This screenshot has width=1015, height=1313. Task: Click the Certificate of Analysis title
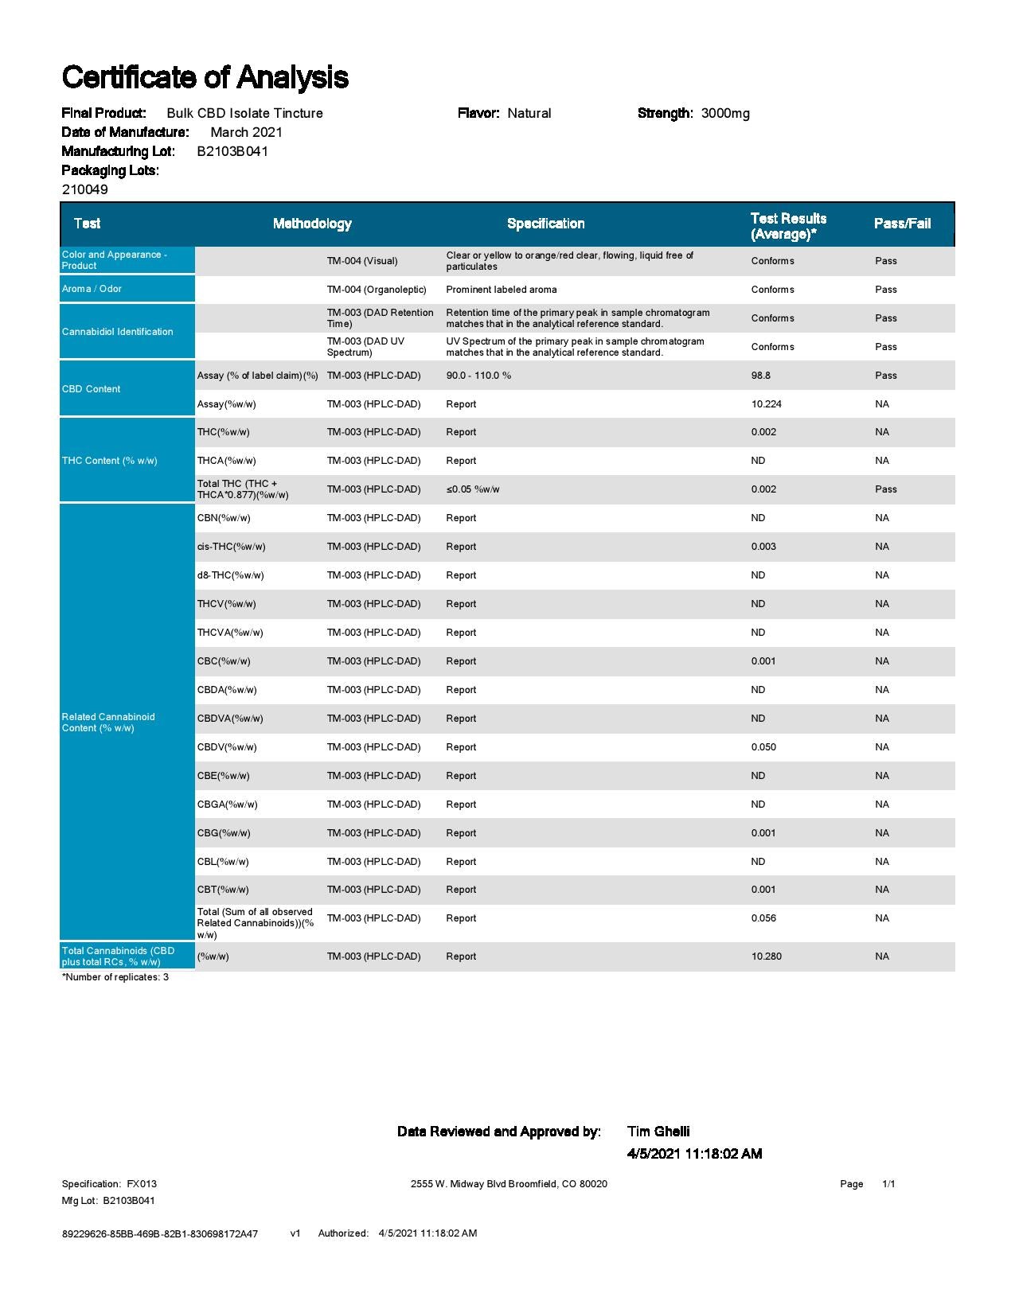205,77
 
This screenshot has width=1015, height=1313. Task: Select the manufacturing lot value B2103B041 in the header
232,151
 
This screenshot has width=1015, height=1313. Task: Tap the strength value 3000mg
725,113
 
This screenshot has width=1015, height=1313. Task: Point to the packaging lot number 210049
85,189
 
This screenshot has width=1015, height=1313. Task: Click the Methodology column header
312,224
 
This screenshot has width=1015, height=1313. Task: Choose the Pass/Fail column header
902,224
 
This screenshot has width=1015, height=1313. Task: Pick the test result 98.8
761,376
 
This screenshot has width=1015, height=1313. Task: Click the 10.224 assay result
766,404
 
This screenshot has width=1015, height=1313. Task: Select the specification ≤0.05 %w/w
473,489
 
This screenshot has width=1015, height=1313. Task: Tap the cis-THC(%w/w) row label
232,547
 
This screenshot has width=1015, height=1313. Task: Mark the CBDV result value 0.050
763,747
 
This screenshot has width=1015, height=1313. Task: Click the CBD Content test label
92,389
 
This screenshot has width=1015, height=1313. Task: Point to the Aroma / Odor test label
92,289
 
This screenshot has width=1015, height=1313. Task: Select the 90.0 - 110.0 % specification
478,376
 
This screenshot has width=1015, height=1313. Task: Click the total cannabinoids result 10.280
766,957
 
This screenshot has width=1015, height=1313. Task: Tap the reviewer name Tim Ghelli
658,1132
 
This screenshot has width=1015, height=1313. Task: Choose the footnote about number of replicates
115,977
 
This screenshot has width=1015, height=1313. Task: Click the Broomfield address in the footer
509,1184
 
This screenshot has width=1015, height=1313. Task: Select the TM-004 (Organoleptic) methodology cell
377,290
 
